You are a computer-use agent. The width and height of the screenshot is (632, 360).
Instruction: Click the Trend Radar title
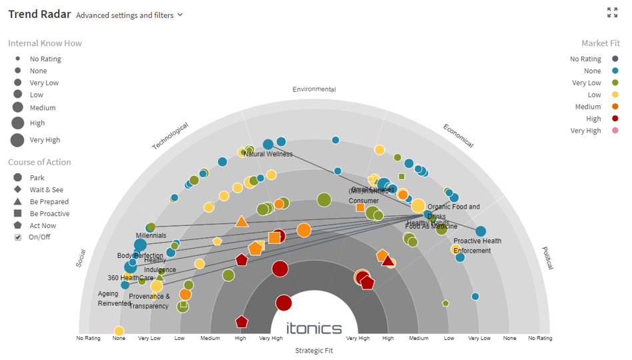coord(38,14)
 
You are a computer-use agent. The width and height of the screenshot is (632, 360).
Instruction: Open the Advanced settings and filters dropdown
coord(129,15)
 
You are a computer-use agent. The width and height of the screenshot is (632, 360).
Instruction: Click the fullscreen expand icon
coord(612,13)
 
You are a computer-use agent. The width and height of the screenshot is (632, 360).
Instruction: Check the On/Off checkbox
coord(18,237)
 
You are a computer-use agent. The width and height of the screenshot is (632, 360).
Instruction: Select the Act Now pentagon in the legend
coord(17,226)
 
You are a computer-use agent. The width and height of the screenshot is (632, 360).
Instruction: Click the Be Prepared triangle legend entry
coord(17,202)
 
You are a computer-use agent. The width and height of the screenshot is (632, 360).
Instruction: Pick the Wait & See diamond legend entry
coord(17,190)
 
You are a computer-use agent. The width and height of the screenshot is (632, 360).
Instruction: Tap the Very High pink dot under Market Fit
coord(615,131)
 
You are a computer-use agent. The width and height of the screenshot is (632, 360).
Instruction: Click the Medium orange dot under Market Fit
coord(615,107)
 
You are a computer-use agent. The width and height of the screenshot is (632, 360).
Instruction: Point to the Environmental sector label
coord(314,89)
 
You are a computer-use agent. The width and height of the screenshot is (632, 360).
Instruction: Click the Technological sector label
coord(170,136)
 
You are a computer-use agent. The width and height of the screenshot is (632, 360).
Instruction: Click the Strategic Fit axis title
coord(314,351)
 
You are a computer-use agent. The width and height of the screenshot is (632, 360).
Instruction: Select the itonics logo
coord(314,328)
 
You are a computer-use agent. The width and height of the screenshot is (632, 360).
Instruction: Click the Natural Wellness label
coord(268,154)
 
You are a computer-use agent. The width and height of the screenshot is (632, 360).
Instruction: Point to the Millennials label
coord(151,236)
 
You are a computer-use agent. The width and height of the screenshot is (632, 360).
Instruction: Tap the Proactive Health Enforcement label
coord(477,245)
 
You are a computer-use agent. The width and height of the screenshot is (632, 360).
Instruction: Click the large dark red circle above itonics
coord(284,303)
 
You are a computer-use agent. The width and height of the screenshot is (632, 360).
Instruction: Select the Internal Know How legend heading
coord(45,43)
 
